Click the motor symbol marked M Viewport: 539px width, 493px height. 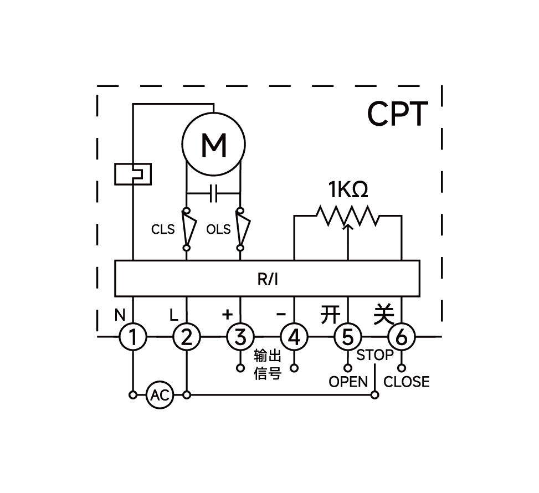213,144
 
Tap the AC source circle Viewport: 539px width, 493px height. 160,396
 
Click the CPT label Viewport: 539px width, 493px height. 398,115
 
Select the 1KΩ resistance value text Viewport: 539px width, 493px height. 348,191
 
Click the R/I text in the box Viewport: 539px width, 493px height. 268,279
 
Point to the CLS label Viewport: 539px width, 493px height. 163,229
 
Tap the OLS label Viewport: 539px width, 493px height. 218,229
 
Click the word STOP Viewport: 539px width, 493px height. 375,355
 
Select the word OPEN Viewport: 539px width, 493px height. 348,382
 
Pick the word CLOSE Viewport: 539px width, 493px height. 407,382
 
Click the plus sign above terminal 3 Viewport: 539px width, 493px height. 227,315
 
